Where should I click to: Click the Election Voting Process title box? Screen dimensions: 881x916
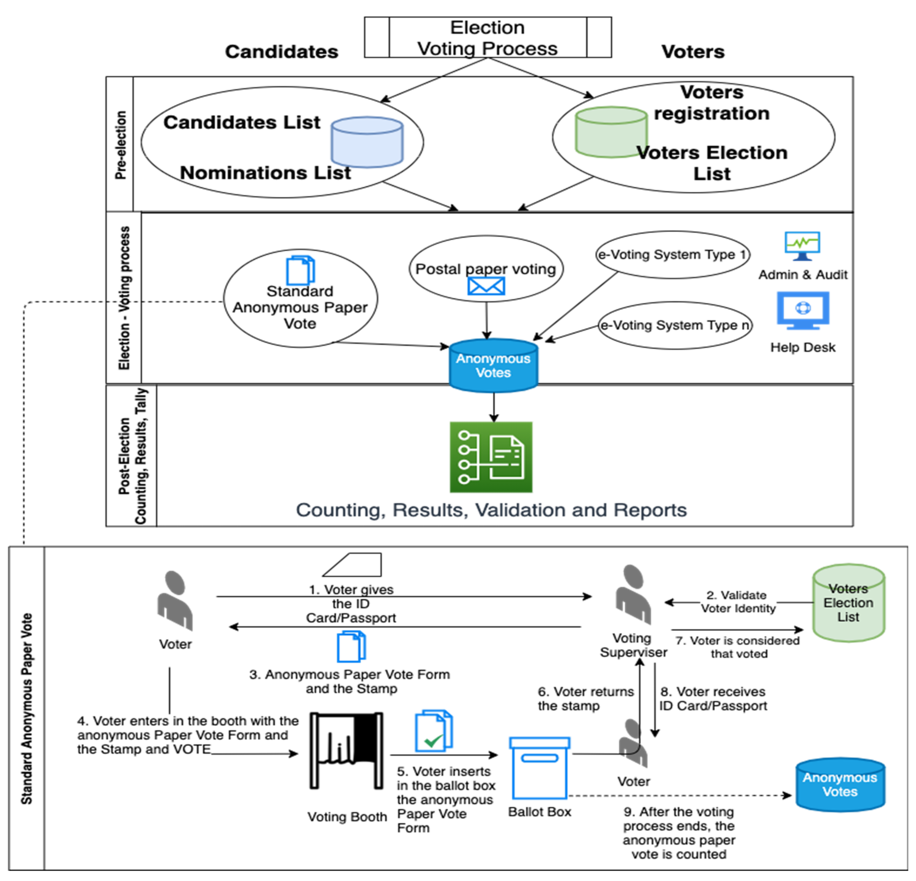click(488, 37)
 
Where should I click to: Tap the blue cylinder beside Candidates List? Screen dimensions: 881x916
click(367, 142)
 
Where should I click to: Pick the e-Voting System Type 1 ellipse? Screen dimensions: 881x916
click(673, 255)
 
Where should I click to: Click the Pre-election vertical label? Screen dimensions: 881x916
click(121, 145)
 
